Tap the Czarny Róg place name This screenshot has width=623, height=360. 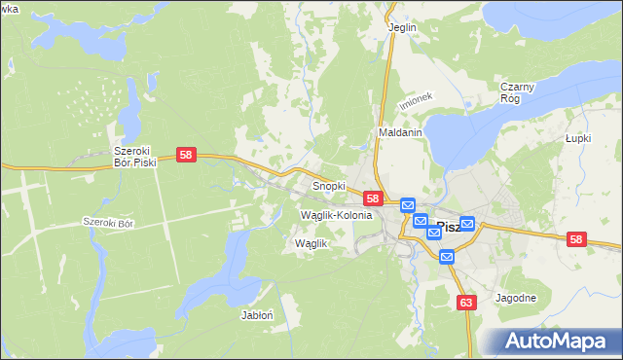coord(518,92)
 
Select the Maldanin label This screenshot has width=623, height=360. coord(399,132)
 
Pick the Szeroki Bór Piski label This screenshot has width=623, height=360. coord(135,157)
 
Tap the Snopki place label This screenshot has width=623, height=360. coord(328,185)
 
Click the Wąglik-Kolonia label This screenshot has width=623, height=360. coord(337,214)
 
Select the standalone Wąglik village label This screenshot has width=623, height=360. coord(311,243)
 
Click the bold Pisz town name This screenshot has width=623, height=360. coord(448,227)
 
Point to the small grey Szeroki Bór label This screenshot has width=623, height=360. coord(107,223)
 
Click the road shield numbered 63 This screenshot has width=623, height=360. coord(466,303)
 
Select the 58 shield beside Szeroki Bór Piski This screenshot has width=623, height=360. coord(188,155)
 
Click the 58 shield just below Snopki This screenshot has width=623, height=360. coord(373,198)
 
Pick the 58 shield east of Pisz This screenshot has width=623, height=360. coord(576,239)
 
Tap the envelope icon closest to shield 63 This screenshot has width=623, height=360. coord(447,257)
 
